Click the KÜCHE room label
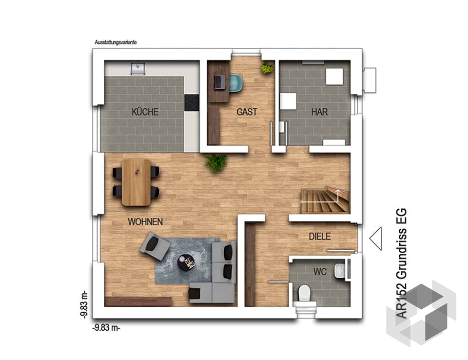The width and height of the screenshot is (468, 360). click(x=145, y=112)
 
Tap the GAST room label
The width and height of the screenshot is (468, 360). click(x=247, y=112)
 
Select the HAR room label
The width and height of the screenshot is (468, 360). click(x=320, y=112)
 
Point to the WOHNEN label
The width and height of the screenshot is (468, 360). click(x=145, y=222)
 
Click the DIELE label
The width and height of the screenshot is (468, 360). click(x=320, y=237)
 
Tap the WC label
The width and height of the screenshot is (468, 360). click(x=320, y=272)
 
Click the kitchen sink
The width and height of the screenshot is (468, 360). click(x=138, y=68)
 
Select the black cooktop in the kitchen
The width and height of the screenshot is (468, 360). click(x=192, y=103)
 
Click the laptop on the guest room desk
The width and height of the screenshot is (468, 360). click(x=220, y=82)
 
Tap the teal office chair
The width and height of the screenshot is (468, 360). click(x=236, y=82)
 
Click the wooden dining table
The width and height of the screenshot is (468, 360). click(x=136, y=182)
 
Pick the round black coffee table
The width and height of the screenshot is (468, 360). click(x=186, y=262)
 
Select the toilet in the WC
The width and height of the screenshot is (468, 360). click(x=304, y=293)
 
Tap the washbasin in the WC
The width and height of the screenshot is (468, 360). click(x=339, y=270)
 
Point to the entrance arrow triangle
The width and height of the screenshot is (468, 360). click(x=375, y=239)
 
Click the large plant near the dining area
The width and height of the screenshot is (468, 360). click(x=215, y=163)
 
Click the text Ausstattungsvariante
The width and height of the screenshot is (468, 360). click(x=116, y=42)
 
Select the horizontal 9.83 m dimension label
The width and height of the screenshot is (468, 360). click(x=106, y=328)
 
